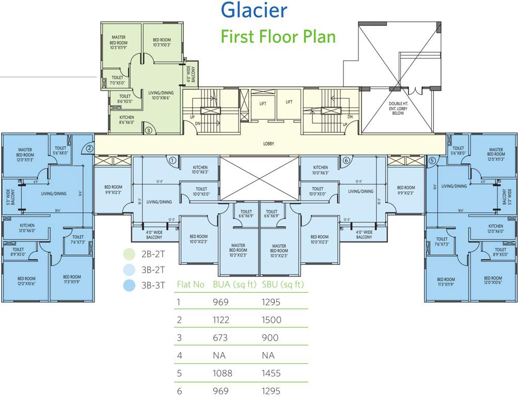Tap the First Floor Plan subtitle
(278, 37)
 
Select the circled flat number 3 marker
(148, 130)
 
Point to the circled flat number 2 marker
(89, 148)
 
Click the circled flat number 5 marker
(431, 160)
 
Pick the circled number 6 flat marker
(346, 160)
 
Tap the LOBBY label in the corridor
(269, 144)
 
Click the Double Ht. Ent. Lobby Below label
(398, 108)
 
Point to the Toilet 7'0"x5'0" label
(117, 80)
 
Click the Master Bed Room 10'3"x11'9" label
(118, 43)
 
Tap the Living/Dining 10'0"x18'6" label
(161, 96)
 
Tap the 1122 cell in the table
(223, 320)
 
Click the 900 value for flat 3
(270, 338)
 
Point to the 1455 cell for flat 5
(272, 373)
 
